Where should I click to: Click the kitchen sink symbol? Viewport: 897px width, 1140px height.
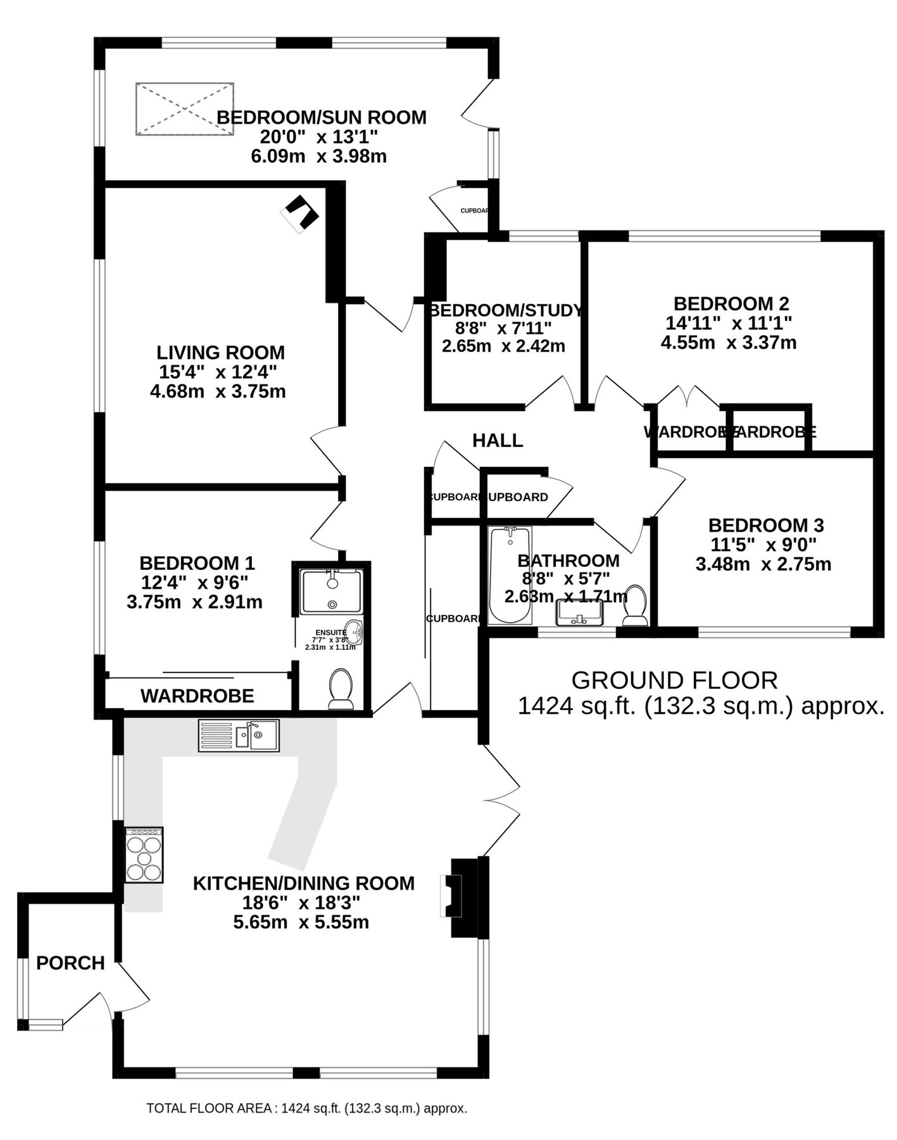point(239,735)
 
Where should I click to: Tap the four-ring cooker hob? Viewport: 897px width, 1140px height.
point(144,855)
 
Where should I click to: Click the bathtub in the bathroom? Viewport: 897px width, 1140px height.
point(510,575)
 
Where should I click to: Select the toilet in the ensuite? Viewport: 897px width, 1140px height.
point(341,689)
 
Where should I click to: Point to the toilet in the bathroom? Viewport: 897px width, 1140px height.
point(634,605)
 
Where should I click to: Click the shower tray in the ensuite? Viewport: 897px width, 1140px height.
point(332,592)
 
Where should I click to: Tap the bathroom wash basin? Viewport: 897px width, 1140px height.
point(580,612)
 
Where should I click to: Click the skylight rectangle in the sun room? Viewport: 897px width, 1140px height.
point(185,109)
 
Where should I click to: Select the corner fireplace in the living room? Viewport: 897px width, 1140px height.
point(300,214)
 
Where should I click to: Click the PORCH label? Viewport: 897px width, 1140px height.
point(70,963)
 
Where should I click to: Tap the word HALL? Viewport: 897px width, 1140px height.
point(498,441)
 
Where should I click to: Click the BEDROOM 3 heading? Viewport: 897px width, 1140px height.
point(765,525)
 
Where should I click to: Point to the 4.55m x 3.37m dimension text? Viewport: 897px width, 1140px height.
point(728,343)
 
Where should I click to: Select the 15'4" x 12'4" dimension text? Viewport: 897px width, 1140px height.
point(218,372)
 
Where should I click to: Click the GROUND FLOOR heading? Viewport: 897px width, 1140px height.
point(674,680)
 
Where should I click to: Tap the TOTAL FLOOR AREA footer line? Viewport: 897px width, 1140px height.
point(306,1109)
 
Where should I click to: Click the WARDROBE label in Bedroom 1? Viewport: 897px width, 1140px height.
point(197,696)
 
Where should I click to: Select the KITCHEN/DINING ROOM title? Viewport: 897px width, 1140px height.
point(303,883)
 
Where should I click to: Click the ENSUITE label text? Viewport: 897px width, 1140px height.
point(331,633)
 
